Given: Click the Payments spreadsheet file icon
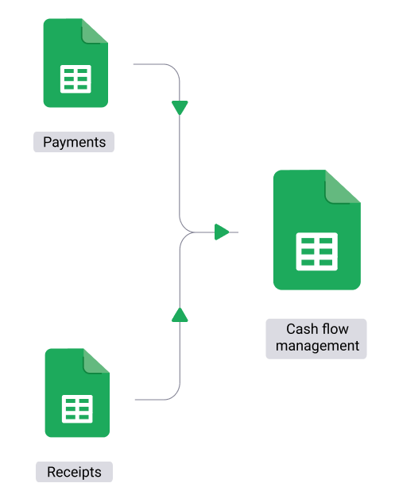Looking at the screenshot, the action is [x=76, y=63].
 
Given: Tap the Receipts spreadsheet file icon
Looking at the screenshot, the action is [x=77, y=393].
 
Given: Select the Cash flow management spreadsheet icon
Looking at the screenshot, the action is [x=317, y=230].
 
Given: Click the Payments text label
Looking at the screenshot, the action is [x=74, y=142].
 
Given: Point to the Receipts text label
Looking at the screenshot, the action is [x=74, y=472].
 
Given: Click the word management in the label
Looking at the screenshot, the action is [x=317, y=346].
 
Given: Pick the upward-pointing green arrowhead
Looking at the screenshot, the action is [x=180, y=315].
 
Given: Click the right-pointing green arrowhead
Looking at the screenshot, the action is [x=222, y=232].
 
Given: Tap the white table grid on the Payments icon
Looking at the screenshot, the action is [x=76, y=79].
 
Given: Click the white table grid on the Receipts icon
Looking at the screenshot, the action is [x=77, y=408].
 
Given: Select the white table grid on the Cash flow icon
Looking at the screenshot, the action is [x=317, y=251].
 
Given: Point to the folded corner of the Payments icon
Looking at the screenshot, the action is [x=95, y=31].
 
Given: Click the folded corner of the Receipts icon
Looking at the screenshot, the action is [x=96, y=361].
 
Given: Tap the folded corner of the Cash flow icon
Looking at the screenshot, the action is [x=343, y=186].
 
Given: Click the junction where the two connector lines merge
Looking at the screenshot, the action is [x=193, y=232].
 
